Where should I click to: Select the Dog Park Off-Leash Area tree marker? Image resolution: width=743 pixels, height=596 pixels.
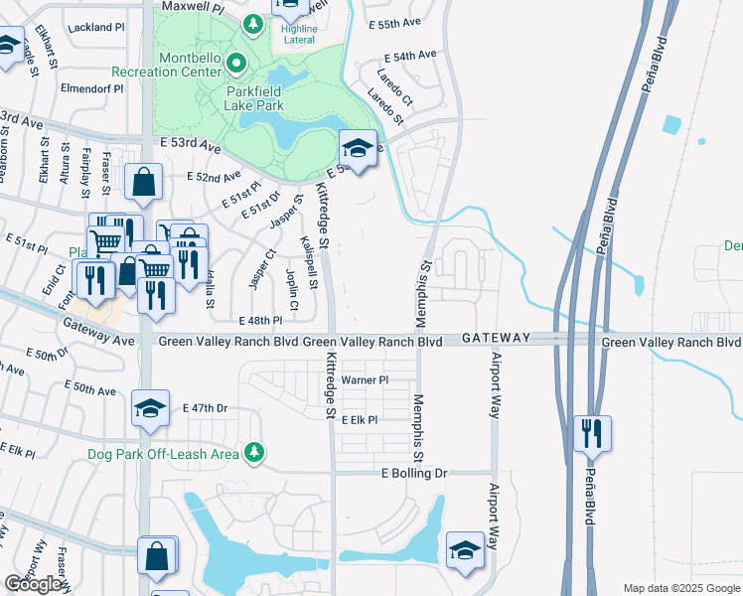pos(254,452)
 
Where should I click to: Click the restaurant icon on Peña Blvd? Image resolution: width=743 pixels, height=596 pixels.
pos(592,433)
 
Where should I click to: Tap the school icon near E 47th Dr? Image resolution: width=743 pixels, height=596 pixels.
pos(150,408)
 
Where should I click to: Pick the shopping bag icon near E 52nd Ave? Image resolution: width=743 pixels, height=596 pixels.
pos(144,182)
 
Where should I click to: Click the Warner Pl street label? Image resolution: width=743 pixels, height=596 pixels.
pos(364,380)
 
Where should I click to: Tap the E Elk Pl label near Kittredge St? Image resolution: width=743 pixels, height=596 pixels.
pos(360,420)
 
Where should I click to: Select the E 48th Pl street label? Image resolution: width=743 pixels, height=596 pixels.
pos(261,321)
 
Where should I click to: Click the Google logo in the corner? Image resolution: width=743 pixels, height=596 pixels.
pos(34,584)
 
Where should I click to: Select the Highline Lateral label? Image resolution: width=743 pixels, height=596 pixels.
pos(298,35)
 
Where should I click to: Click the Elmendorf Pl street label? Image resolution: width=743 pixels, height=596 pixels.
pos(91,88)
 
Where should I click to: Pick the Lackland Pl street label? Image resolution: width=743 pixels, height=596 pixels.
pos(95,28)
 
